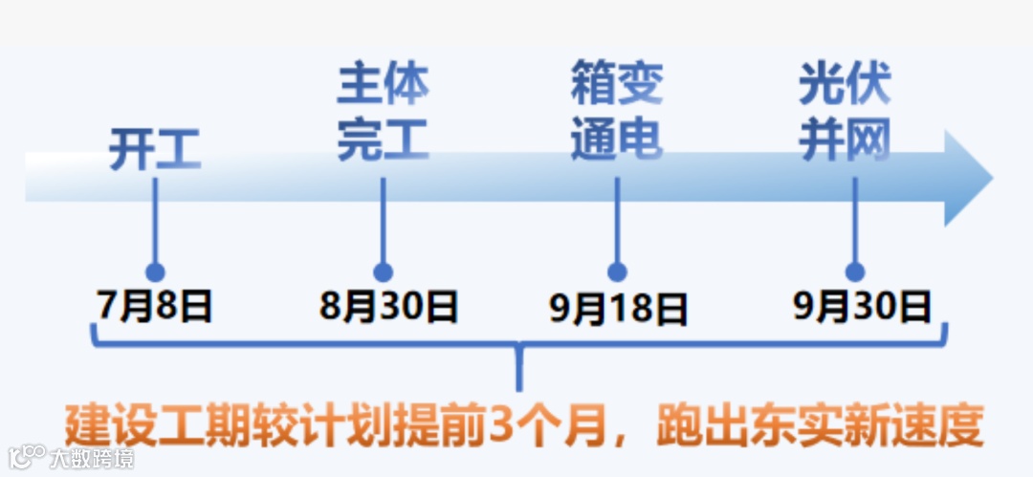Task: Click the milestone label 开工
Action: point(154,149)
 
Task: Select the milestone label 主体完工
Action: point(383,113)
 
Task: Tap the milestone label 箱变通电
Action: point(617,113)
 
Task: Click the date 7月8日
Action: point(155,307)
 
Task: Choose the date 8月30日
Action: point(388,307)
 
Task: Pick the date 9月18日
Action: point(618,309)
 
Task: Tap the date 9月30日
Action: point(862,307)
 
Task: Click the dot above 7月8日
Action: point(155,272)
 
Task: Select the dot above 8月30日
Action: point(384,272)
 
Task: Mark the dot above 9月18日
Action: point(617,272)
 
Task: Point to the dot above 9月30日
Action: point(855,272)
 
